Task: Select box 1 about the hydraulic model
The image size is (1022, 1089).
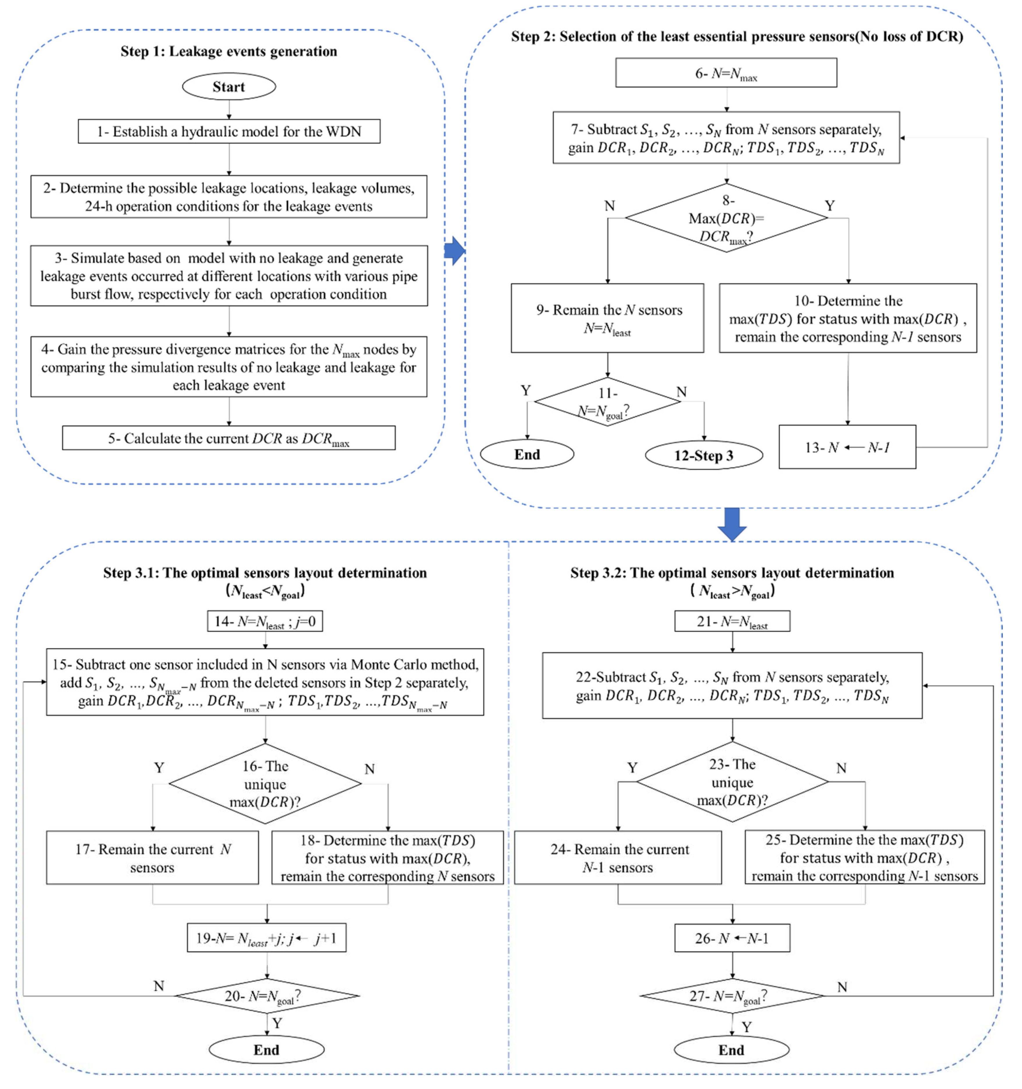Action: (229, 131)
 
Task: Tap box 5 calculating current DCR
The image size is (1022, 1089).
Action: (229, 438)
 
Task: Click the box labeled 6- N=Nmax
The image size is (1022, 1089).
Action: (726, 73)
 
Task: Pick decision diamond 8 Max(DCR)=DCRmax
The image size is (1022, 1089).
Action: (726, 218)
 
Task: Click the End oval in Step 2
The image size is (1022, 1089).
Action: (527, 455)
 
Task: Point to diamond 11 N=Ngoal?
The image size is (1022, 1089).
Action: (608, 401)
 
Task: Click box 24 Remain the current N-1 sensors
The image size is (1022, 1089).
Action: (618, 858)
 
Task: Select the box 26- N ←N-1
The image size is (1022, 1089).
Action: (732, 938)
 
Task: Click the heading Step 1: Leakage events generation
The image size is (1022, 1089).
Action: (229, 51)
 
